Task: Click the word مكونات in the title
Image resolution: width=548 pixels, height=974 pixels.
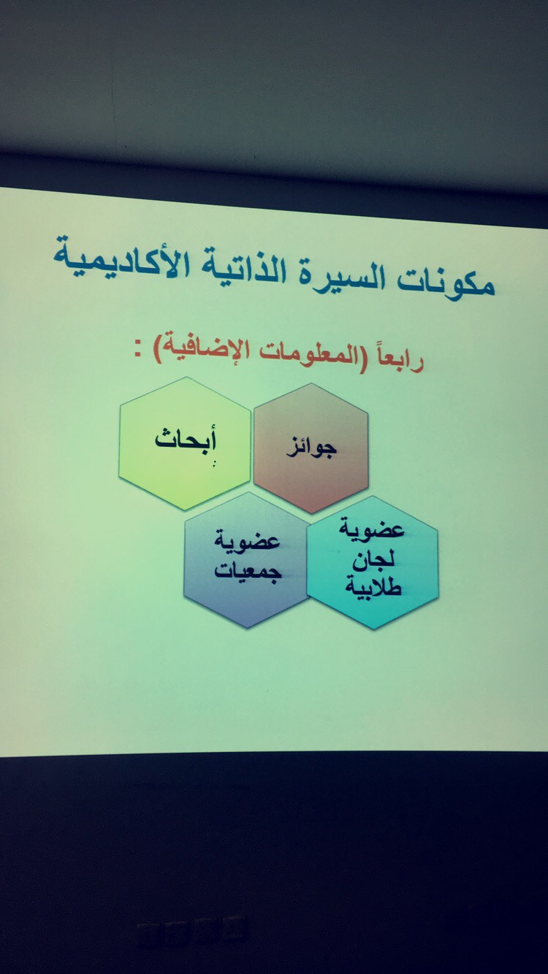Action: [x=446, y=284]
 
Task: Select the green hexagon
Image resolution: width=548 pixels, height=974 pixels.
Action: [x=185, y=442]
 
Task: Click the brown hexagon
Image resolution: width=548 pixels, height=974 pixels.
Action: [x=311, y=448]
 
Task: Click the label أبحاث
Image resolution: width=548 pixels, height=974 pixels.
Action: [x=186, y=438]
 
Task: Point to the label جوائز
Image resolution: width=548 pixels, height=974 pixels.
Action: [x=312, y=448]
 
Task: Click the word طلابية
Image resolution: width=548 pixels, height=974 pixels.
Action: [x=373, y=587]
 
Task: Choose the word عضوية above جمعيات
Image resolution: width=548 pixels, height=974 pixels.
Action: [x=247, y=542]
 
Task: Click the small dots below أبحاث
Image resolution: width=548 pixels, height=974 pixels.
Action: [x=213, y=464]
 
